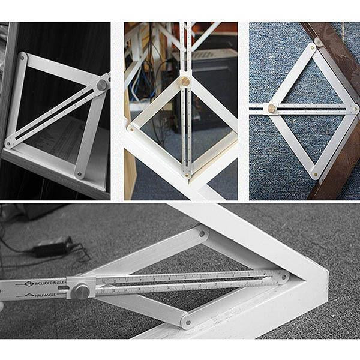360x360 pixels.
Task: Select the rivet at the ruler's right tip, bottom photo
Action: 283,277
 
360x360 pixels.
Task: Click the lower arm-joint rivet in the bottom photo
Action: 187,322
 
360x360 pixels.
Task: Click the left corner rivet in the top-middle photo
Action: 131,128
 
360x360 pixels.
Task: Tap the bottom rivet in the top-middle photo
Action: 187,174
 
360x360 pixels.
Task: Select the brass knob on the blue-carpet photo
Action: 271,109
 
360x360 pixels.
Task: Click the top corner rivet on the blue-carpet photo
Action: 313,46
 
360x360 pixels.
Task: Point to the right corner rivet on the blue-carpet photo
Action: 355,109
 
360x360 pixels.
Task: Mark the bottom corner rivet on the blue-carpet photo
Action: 314,174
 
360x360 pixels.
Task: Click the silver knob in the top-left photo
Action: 102,86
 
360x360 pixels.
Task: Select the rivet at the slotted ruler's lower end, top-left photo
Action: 10,143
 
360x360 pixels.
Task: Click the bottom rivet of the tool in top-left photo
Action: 79,174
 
